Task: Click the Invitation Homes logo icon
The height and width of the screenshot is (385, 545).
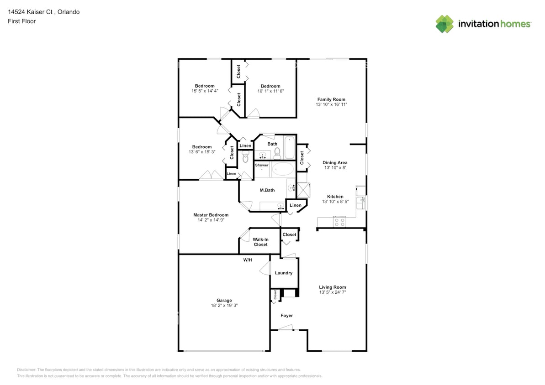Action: [x=444, y=24]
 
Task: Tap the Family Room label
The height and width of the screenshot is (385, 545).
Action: [x=331, y=99]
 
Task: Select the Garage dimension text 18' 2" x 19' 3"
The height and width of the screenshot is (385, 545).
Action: [x=224, y=306]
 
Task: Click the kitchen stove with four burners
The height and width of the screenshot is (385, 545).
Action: [x=339, y=222]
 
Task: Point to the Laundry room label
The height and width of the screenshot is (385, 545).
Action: [x=284, y=273]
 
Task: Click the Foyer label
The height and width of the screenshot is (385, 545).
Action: [x=286, y=316]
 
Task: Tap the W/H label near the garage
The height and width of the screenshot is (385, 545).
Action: [x=247, y=260]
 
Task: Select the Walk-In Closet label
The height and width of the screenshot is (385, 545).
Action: [x=260, y=242]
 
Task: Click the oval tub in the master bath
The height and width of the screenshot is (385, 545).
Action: [x=283, y=170]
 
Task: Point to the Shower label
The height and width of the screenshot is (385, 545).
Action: [x=262, y=165]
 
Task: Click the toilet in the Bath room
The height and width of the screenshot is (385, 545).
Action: [x=277, y=154]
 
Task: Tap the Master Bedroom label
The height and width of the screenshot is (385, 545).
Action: [x=211, y=215]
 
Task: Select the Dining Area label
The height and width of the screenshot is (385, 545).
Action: [x=335, y=162]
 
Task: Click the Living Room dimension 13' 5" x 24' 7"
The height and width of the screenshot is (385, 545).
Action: [x=332, y=292]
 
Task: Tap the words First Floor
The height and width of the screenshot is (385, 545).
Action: [x=21, y=21]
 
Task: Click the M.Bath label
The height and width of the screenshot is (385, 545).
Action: [x=267, y=190]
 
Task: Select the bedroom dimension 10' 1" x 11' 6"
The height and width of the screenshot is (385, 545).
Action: [x=270, y=91]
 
